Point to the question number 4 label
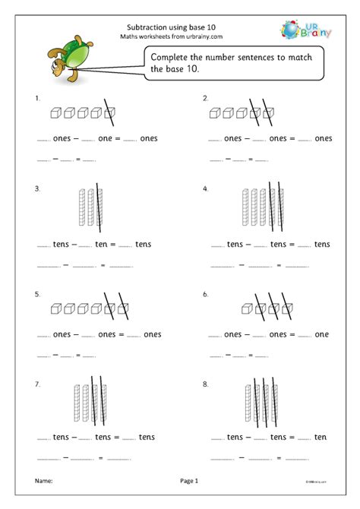[x=205, y=188]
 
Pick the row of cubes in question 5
[x=88, y=308]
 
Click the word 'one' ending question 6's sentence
[x=321, y=334]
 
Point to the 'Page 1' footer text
[x=188, y=481]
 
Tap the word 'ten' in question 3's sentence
[x=106, y=244]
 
